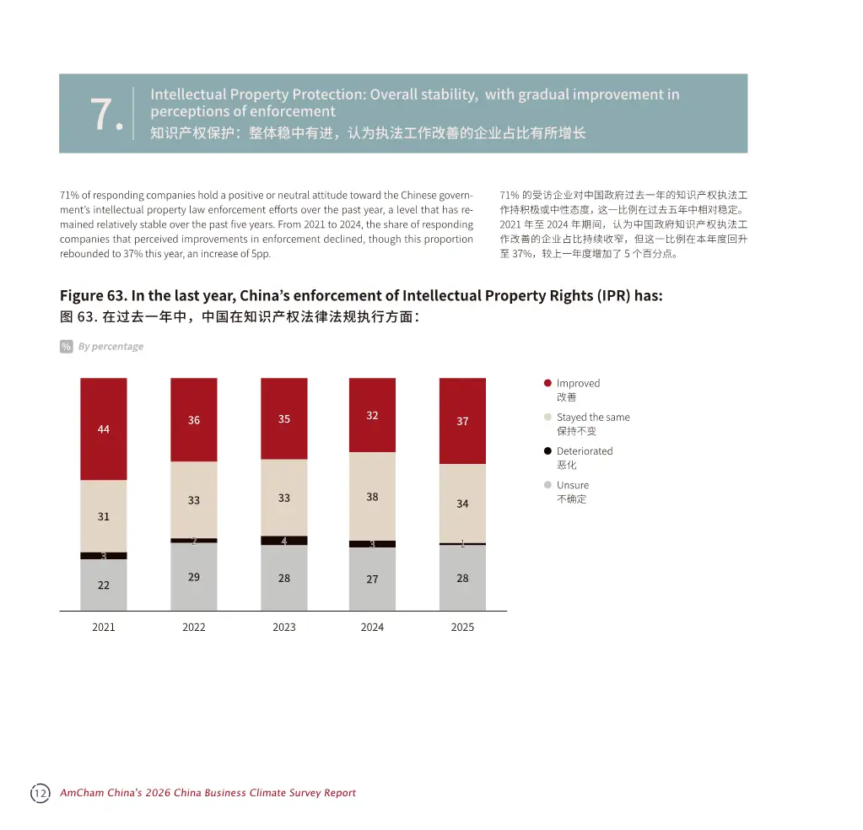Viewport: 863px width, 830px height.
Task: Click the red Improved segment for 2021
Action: pos(103,428)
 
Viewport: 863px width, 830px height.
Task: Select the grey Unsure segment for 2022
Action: pos(193,576)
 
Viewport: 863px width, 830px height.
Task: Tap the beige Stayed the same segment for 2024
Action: pos(372,496)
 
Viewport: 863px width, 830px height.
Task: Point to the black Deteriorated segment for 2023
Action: pos(284,541)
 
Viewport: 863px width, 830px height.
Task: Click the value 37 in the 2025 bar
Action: pos(462,421)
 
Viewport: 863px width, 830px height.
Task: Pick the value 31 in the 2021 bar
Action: pos(103,516)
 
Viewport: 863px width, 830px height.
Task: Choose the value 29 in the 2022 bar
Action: pos(193,577)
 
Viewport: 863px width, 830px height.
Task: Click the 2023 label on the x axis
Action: pos(284,627)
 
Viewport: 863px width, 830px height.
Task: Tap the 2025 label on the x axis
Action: pos(462,627)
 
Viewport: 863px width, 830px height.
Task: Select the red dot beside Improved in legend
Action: pos(547,383)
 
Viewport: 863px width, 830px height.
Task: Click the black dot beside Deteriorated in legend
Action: pos(547,451)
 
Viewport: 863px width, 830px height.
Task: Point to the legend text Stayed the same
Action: pos(592,418)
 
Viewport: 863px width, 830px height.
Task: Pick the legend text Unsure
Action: pos(572,485)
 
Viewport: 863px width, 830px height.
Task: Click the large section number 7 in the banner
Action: pos(105,114)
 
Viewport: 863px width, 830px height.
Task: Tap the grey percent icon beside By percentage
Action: pos(66,347)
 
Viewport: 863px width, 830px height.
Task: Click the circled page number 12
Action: pos(40,793)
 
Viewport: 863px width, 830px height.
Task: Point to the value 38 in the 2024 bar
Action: pos(372,497)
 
